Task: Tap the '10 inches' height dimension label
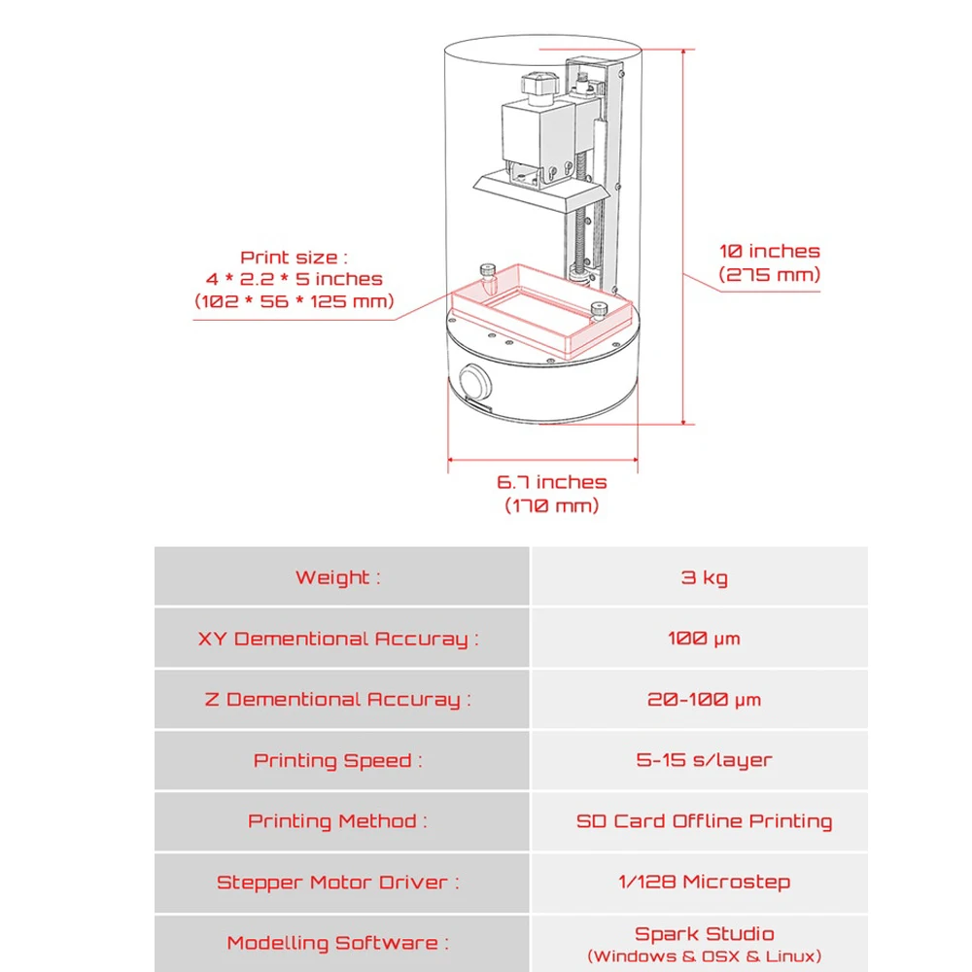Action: [x=770, y=252]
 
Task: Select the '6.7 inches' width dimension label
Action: [x=551, y=482]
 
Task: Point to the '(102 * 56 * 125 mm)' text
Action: [x=295, y=301]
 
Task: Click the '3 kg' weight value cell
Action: [x=704, y=578]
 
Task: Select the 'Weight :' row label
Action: [x=337, y=578]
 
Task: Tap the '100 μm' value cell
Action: [x=704, y=639]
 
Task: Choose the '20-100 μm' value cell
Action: [x=704, y=700]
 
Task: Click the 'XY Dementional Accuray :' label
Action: [x=338, y=639]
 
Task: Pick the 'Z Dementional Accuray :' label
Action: [x=337, y=700]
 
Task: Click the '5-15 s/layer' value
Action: [x=704, y=760]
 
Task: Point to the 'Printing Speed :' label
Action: [x=337, y=760]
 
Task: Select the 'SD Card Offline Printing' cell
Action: [x=704, y=821]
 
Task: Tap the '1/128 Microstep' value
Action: [x=704, y=882]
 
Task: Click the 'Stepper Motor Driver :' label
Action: [x=337, y=883]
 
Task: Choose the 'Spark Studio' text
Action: [x=704, y=934]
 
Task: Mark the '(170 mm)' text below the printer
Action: [x=551, y=505]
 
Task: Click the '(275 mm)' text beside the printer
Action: [x=770, y=275]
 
